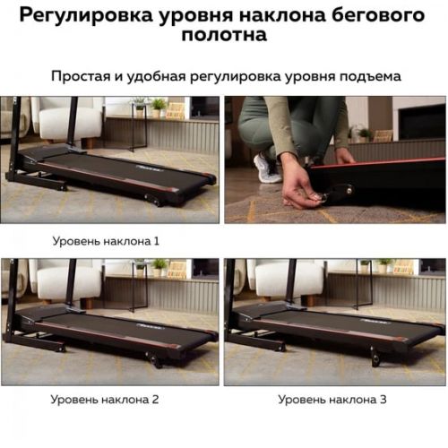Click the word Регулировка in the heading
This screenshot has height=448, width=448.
click(x=86, y=15)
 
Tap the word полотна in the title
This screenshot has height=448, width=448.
click(x=224, y=35)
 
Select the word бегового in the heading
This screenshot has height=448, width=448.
click(x=378, y=15)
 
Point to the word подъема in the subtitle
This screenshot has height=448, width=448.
click(x=370, y=77)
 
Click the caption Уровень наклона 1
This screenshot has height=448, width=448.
click(x=106, y=241)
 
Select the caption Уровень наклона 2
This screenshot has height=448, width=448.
click(x=105, y=399)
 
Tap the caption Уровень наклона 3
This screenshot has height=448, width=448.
click(x=332, y=399)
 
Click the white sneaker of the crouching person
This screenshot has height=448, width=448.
click(x=267, y=168)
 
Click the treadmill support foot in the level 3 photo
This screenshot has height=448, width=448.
click(x=375, y=357)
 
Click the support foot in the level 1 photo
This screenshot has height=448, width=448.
click(x=155, y=201)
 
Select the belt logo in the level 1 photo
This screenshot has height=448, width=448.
click(x=150, y=168)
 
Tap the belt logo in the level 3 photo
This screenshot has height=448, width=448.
click(x=375, y=322)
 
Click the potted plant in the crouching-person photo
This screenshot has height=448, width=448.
click(x=364, y=135)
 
